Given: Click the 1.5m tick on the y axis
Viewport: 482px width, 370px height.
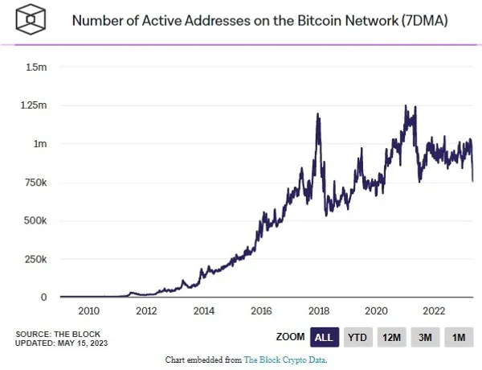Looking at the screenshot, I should point(37,67).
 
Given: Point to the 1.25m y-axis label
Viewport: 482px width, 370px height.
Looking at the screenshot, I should point(34,105).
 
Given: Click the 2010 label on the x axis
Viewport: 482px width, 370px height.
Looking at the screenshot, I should point(88,311).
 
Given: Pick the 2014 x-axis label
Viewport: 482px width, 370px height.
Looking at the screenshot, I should point(204,311).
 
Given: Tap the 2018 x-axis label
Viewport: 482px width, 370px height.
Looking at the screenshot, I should point(319,311).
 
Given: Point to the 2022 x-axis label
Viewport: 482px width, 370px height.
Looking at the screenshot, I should point(434,311).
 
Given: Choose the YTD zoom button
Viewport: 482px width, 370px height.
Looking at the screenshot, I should point(357,338).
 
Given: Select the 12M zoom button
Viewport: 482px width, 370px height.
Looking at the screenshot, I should point(392,338).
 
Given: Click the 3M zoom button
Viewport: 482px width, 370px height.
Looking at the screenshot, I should point(426,338).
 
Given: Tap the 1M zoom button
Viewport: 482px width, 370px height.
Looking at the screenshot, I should point(459,338).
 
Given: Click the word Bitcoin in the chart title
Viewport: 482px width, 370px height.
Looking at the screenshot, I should point(298,20).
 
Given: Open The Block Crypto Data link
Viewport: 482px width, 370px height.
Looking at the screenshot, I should point(285,360).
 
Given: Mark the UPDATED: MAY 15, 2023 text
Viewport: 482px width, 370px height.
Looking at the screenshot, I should point(60,343).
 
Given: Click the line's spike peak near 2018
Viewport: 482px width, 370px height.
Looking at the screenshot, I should point(318,114).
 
